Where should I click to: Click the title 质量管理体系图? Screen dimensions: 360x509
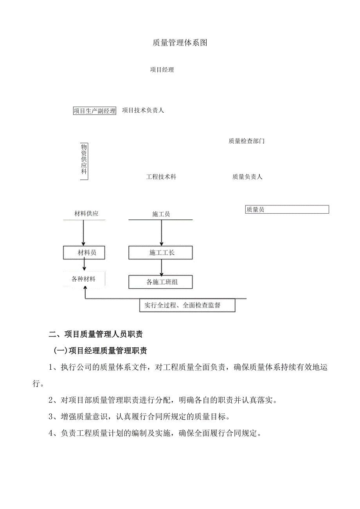point(180,43)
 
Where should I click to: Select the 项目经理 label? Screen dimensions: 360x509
point(162,70)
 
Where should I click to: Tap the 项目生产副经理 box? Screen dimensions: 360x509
point(95,111)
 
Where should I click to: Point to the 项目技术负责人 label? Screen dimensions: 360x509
point(143,110)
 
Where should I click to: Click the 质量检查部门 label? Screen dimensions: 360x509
point(247,141)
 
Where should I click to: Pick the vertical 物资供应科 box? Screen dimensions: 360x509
point(84,161)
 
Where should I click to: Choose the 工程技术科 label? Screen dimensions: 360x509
point(161,177)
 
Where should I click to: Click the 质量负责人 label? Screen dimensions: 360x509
point(247,177)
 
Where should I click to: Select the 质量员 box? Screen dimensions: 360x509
point(286,210)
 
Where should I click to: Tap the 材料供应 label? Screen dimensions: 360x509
point(86,214)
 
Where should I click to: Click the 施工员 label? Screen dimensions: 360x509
point(161,214)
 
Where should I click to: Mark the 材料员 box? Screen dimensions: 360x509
point(85,253)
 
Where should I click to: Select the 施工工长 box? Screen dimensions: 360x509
point(161,253)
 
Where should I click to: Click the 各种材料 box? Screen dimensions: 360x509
point(84,279)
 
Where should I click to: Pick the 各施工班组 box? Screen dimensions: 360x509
point(161,282)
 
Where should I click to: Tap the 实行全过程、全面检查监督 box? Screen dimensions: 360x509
point(187,305)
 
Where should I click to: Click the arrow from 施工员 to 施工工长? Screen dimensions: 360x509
point(161,233)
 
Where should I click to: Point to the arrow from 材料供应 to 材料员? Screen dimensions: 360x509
point(83,233)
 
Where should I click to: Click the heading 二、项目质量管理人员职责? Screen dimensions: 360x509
point(96,334)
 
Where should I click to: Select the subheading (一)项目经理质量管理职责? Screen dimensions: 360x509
point(100,351)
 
